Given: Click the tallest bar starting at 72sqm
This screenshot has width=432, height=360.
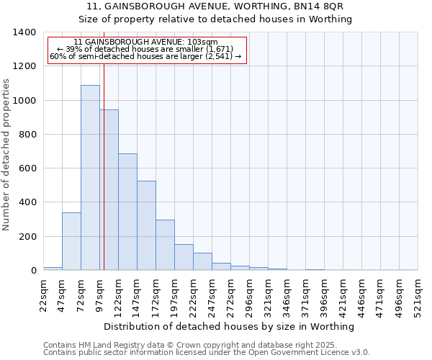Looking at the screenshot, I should click(x=90, y=177).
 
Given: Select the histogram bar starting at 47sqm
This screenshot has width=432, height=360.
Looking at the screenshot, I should click(x=71, y=241).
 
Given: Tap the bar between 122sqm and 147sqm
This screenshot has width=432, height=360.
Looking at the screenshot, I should click(x=127, y=212).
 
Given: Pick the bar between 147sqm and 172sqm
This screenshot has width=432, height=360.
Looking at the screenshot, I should click(x=146, y=225).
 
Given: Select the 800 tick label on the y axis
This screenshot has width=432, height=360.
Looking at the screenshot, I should click(x=27, y=135).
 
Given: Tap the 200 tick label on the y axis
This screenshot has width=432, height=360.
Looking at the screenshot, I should click(x=27, y=237).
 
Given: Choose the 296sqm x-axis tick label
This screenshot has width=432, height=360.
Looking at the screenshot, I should click(x=249, y=295).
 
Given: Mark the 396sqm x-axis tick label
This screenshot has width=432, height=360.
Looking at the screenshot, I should click(x=324, y=295).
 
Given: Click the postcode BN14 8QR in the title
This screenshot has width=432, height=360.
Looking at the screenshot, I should click(x=323, y=6).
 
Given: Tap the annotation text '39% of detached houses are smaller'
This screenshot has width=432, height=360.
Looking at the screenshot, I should click(x=148, y=49).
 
